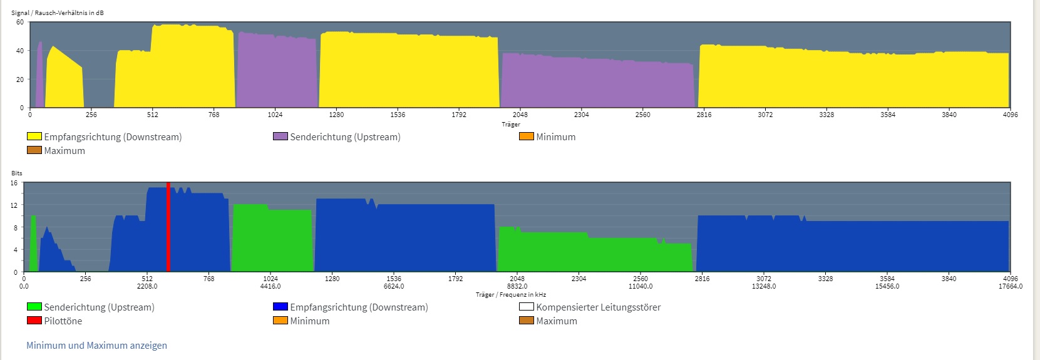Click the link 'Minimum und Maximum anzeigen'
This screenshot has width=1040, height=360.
point(96,346)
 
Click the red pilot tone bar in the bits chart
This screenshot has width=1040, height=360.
point(168,227)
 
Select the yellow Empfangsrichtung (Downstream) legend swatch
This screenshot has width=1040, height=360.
point(34,136)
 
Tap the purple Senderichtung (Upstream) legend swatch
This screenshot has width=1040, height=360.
point(281,136)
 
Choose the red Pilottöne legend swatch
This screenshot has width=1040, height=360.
point(34,321)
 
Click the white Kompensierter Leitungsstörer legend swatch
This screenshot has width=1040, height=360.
point(527,307)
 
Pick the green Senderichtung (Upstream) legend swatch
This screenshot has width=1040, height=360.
point(34,307)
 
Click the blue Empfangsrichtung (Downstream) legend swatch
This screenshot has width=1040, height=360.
point(281,307)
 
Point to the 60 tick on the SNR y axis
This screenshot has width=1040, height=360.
point(20,22)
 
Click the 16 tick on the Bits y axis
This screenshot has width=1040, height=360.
point(14,183)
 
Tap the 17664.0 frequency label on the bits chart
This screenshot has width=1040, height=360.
point(1010,286)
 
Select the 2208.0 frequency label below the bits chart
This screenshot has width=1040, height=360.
point(147,286)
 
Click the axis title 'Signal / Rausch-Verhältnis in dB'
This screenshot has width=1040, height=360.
point(58,13)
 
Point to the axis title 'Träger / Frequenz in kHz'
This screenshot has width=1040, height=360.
point(511,294)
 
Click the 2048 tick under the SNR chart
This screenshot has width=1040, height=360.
point(520,115)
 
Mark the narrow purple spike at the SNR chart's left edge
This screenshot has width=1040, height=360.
point(39,75)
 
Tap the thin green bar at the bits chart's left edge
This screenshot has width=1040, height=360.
point(33,244)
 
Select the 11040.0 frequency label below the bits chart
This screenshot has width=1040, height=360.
point(641,286)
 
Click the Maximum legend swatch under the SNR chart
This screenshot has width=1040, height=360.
point(34,150)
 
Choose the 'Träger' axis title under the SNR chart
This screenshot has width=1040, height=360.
point(511,124)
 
